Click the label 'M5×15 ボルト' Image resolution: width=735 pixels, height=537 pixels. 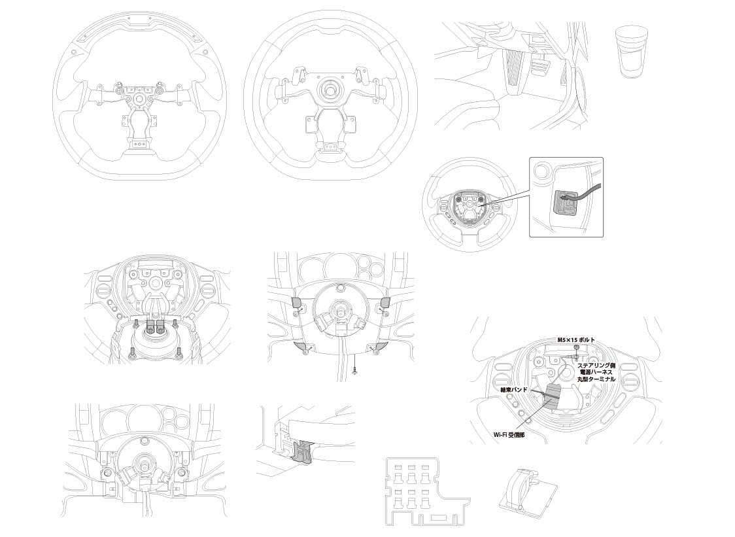click(576, 339)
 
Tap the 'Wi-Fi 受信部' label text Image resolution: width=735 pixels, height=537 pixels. click(509, 435)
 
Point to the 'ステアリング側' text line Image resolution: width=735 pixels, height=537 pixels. click(596, 365)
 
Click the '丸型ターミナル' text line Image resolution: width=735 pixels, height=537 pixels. click(596, 379)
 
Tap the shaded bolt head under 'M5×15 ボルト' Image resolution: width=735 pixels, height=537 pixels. click(577, 347)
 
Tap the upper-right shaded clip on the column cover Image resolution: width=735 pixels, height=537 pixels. click(385, 303)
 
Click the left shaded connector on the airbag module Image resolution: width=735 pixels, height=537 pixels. click(151, 326)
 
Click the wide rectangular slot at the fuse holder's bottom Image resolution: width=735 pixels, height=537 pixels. click(439, 518)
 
